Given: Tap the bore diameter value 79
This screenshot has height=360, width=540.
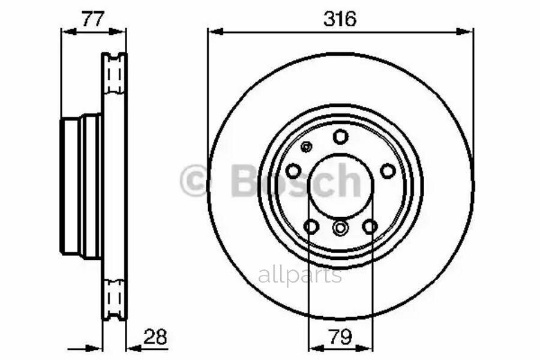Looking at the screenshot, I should click(340, 337).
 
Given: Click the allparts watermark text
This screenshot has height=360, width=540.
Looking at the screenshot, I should click(300, 275).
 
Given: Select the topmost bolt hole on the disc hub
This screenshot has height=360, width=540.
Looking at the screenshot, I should click(340, 137).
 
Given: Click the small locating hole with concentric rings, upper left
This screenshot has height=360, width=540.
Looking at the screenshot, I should click(307, 147).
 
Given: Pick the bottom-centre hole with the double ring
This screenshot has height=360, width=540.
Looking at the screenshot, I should click(340, 227).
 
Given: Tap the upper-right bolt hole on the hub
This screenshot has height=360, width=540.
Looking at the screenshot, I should click(388, 171).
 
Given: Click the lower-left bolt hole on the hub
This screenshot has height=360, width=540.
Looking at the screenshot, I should click(311, 226).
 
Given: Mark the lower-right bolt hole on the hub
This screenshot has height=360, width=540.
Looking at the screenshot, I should click(370, 226).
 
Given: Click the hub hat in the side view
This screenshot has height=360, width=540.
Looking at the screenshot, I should click(81, 186).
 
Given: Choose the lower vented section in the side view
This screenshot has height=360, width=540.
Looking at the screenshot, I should click(113, 300).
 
